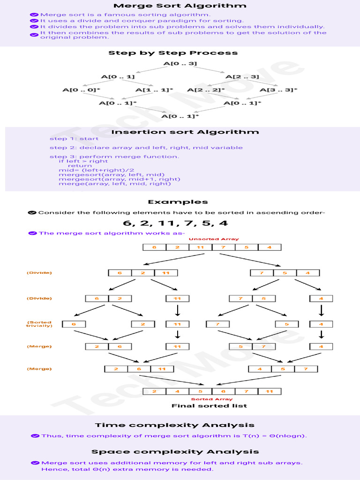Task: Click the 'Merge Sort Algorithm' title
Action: pos(180,6)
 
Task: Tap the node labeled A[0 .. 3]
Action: pos(180,63)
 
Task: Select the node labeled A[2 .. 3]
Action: pos(242,76)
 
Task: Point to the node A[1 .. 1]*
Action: pos(154,90)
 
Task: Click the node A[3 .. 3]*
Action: pos(278,90)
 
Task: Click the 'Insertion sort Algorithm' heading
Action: pos(185,132)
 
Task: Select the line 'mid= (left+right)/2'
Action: pos(97,170)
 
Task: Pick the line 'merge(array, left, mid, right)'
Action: pos(114,184)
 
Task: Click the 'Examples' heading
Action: pos(178,202)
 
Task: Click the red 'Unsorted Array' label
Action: pos(207,239)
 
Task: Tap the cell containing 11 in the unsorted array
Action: pos(200,247)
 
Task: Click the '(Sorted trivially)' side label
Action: pos(39,324)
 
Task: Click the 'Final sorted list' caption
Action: pos(209,406)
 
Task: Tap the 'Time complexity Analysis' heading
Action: pos(175,425)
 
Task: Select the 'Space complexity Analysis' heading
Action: pos(175,452)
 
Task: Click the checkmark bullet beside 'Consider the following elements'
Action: pos(32,213)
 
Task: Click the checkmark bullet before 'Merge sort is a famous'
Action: pos(34,15)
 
